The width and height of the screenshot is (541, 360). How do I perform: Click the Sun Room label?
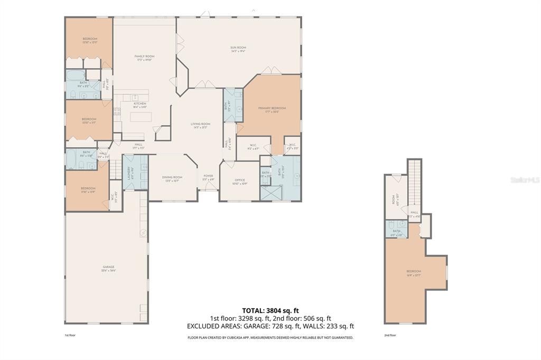pos(238,49)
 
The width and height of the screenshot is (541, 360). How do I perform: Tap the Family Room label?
pos(144,58)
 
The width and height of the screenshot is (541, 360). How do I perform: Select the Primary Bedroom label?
pos(272,110)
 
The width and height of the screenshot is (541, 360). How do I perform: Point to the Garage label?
pos(109,269)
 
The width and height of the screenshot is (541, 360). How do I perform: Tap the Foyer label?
pos(208,177)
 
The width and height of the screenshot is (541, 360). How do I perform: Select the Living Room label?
pos(201,126)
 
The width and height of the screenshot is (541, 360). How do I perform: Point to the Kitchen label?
pos(139,105)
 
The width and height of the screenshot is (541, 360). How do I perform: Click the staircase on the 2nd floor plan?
pos(415,183)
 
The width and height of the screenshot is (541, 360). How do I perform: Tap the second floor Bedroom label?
pos(414,273)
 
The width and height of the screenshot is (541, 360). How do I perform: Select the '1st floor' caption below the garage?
pos(70,335)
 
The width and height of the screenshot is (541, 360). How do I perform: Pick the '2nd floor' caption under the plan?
pos(390,335)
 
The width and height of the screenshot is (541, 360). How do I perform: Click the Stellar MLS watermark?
pos(525,180)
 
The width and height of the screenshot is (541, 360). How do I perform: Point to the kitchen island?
pos(141,117)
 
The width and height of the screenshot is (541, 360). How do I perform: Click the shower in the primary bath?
pos(272,192)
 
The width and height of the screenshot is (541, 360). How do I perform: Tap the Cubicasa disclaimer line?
pos(270,337)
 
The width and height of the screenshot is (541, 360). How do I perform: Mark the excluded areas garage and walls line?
pos(270,326)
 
